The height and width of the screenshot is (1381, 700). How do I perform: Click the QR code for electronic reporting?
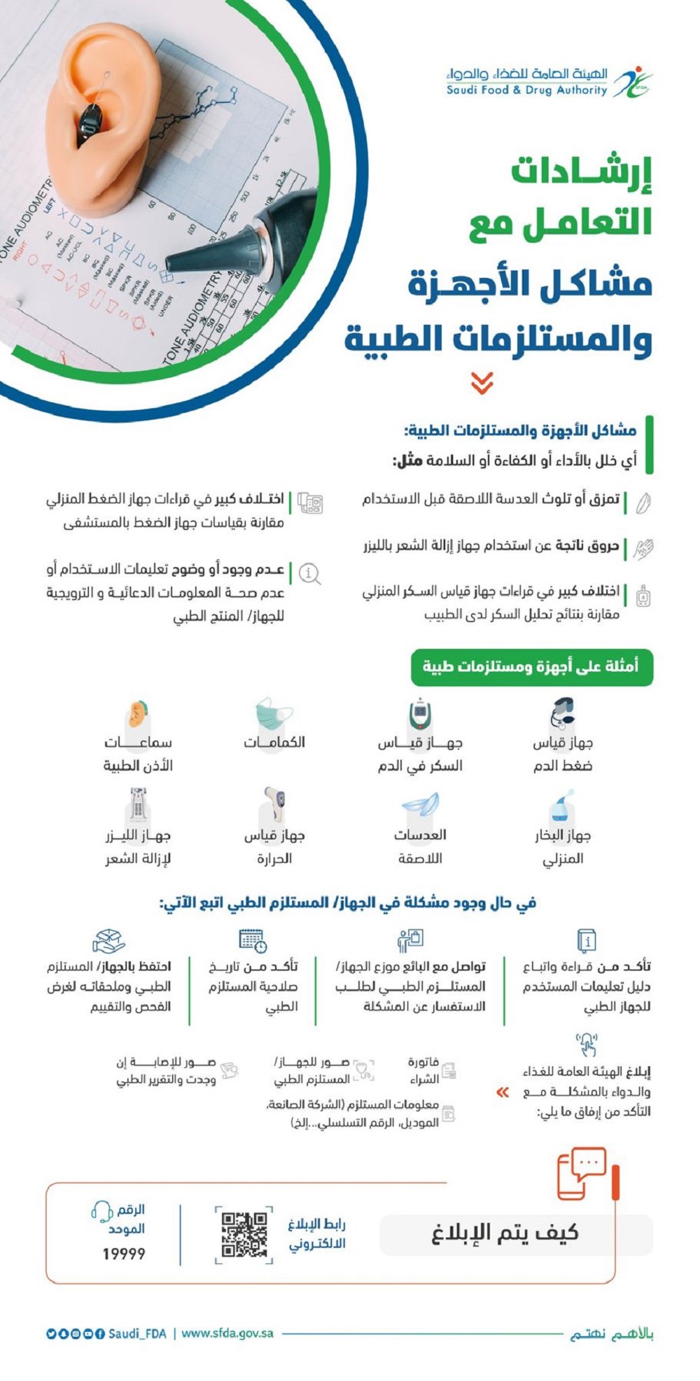244,1235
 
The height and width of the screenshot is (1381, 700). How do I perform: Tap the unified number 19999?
124,1254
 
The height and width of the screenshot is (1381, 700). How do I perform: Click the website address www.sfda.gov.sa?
227,1333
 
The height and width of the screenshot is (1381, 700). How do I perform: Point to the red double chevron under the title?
482,383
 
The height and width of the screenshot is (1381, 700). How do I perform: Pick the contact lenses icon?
420,805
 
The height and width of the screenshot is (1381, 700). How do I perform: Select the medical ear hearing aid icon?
138,715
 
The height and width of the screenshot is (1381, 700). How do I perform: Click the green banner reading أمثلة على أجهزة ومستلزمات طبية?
531,666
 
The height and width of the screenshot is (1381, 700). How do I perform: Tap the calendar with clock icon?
253,940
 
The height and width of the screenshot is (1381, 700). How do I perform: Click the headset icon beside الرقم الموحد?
102,1210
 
